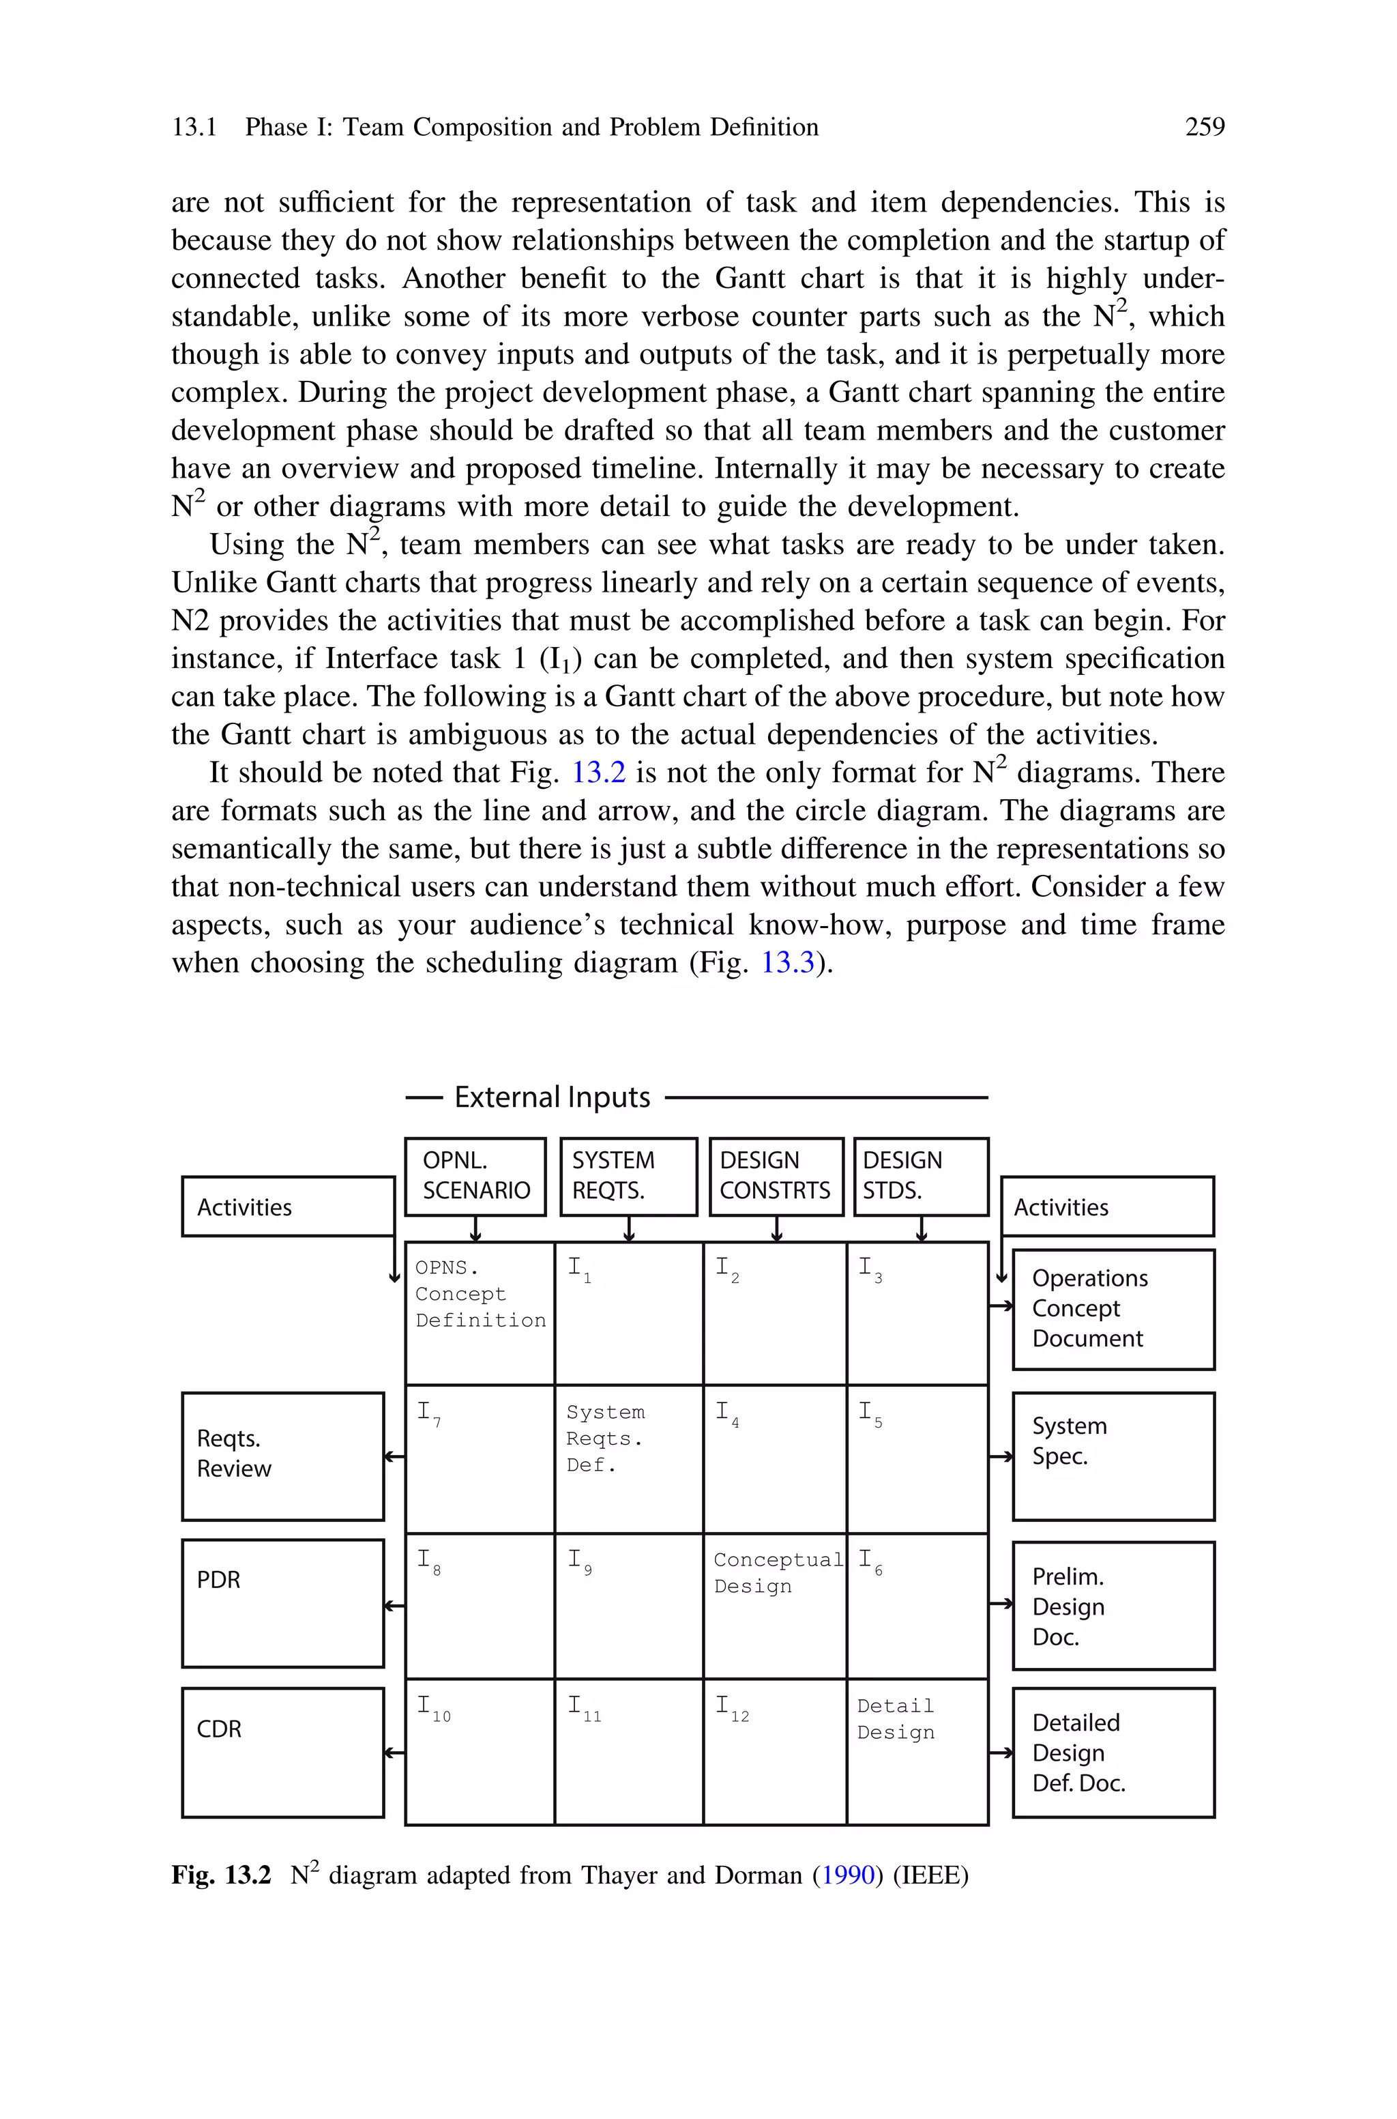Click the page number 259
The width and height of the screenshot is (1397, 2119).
[1204, 128]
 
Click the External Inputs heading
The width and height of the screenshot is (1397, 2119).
[553, 1097]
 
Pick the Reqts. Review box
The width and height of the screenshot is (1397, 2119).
[282, 1456]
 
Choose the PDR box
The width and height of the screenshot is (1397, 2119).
[282, 1602]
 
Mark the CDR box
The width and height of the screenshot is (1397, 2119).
[282, 1751]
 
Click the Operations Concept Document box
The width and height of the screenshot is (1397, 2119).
[1113, 1308]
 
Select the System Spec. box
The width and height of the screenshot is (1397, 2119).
[1113, 1456]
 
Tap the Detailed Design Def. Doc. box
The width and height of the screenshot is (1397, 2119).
[1113, 1752]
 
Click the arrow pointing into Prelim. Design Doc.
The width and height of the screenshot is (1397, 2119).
[1001, 1603]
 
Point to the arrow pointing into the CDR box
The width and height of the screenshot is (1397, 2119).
[394, 1753]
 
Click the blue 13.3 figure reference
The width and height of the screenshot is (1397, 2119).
[788, 962]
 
